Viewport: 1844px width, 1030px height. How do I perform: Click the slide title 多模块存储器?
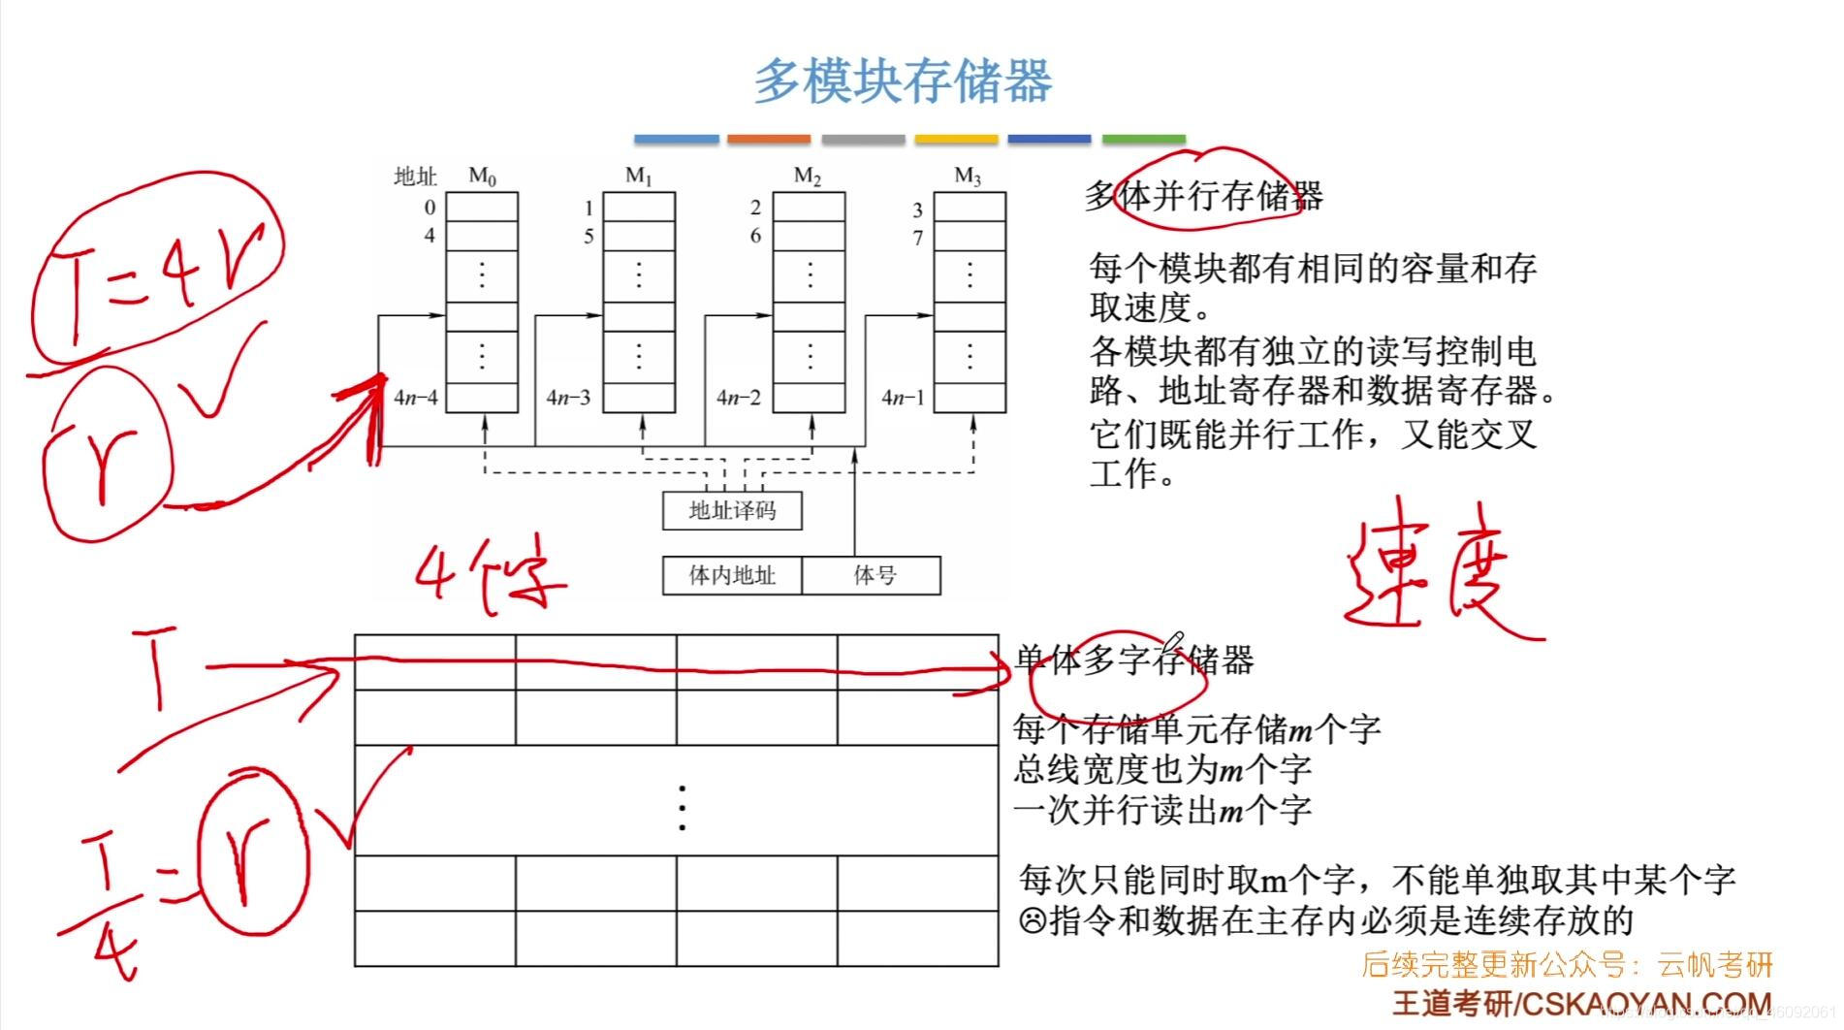903,81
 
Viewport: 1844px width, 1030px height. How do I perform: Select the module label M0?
482,177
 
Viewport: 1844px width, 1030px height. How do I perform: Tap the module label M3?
968,177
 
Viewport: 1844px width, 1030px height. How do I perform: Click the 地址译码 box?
732,510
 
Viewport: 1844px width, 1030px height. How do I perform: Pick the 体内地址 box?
732,575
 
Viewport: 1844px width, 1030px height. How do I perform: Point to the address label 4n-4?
416,398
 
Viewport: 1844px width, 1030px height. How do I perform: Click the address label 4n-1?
903,398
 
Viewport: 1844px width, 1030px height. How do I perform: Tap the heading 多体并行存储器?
1203,197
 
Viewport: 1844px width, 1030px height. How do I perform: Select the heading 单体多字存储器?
1134,661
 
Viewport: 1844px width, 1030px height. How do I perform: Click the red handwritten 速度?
1435,577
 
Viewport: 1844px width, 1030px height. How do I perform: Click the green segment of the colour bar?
1144,140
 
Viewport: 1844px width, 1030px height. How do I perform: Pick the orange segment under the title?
769,140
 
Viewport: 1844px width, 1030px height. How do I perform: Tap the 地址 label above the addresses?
415,177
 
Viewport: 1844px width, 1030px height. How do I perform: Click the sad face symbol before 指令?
1033,919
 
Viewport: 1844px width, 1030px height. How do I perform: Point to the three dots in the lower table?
683,808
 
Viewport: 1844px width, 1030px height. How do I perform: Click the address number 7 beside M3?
917,238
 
